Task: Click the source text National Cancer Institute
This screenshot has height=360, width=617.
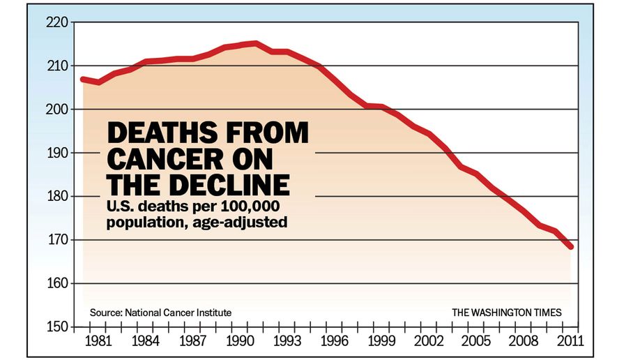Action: tap(178, 312)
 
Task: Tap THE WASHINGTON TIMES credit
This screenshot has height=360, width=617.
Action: tap(506, 312)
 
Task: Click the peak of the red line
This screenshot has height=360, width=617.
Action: tap(255, 43)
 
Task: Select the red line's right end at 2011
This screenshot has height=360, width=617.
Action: tap(571, 246)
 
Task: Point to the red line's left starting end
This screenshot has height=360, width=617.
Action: tap(83, 79)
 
